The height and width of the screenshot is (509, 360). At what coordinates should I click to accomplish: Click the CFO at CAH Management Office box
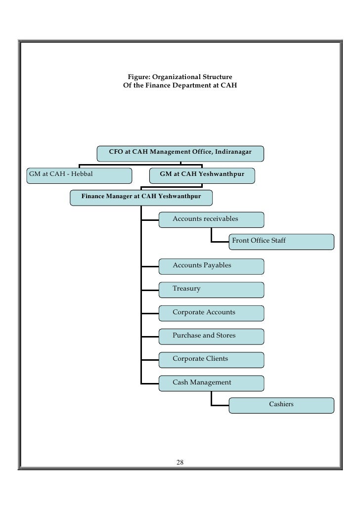180,153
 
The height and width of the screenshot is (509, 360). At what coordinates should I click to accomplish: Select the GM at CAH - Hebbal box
79,175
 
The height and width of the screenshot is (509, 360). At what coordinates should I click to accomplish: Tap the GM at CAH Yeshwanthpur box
202,175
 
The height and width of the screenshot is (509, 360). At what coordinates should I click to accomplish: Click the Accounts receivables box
211,219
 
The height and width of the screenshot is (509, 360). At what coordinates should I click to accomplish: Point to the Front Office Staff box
281,241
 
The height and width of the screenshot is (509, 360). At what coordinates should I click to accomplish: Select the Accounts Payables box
211,266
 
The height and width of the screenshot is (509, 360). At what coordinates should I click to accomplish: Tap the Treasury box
211,290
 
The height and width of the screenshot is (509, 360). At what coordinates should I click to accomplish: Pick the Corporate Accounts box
211,313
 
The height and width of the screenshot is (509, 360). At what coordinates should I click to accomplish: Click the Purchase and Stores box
211,336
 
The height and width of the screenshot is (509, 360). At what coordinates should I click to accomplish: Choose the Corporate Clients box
211,359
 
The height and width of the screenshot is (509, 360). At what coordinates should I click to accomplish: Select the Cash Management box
211,382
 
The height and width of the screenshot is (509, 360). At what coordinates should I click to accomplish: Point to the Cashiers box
281,405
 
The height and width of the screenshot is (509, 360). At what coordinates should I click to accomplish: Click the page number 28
180,463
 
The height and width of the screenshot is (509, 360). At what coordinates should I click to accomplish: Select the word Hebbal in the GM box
82,174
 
